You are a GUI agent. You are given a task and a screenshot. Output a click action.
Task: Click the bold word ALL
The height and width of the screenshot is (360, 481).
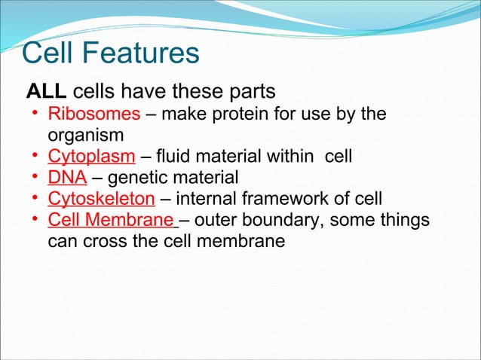tap(47, 92)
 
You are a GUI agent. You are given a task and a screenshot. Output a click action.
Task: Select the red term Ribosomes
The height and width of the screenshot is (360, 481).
tap(93, 114)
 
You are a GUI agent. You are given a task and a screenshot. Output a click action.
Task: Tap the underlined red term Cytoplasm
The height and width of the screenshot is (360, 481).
tap(91, 157)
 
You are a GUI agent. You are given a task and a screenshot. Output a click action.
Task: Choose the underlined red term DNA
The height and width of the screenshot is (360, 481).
tap(67, 178)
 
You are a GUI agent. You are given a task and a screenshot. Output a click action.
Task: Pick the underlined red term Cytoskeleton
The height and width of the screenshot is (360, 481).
tap(101, 199)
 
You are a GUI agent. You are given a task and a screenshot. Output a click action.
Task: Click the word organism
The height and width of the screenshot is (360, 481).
tap(84, 136)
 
